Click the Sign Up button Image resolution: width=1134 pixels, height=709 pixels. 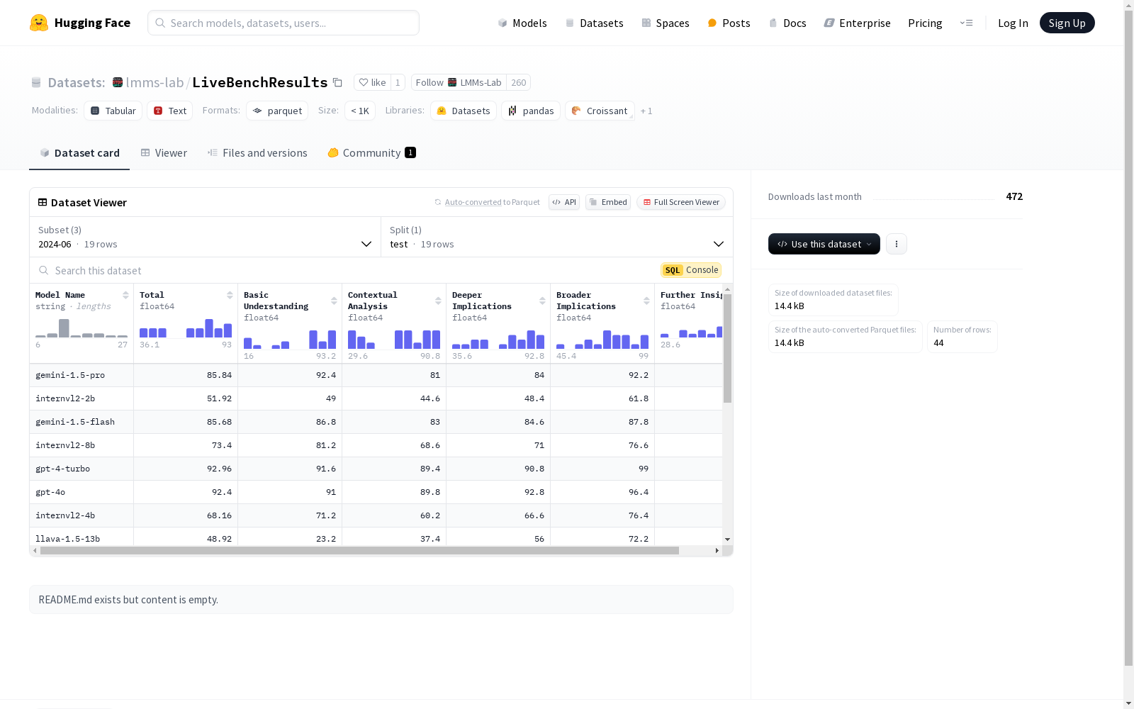(x=1067, y=23)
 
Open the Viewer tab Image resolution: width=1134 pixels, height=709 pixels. (x=164, y=153)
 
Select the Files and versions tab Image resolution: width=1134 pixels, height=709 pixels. (x=257, y=153)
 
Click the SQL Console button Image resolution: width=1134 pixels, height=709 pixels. (x=690, y=270)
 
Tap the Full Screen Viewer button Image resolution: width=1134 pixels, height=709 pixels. (x=681, y=202)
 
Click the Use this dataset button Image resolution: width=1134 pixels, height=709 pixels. (x=824, y=244)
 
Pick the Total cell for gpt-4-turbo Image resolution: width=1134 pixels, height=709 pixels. (x=186, y=469)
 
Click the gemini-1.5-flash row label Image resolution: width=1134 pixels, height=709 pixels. (x=75, y=422)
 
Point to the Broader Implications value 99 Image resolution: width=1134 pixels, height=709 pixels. (x=643, y=469)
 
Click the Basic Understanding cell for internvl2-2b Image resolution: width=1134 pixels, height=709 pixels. (x=290, y=398)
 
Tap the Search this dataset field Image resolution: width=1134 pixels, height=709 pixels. (x=344, y=270)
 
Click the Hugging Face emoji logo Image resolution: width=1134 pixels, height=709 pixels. (x=39, y=23)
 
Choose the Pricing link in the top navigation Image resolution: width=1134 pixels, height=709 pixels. (x=925, y=23)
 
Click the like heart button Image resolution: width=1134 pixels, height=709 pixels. (x=372, y=82)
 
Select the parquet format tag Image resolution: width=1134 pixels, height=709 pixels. (x=277, y=111)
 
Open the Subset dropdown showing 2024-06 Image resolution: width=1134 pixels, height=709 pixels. (x=205, y=237)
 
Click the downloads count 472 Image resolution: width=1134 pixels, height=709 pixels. (x=1014, y=196)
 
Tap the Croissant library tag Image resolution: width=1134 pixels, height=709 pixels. (x=600, y=111)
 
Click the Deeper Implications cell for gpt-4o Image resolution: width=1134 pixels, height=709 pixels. (x=498, y=492)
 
